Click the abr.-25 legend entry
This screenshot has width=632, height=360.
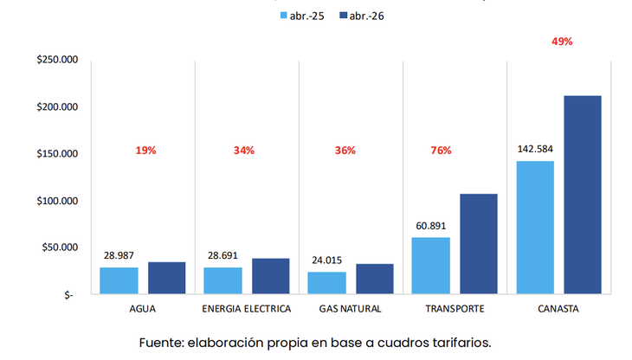tap(302, 16)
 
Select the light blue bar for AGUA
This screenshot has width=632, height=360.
tap(119, 280)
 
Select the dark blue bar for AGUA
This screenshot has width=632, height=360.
tap(166, 278)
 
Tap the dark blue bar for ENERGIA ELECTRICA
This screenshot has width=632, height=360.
tap(270, 276)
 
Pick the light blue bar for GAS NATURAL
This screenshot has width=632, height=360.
tap(326, 283)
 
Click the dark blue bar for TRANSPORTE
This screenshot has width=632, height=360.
tap(478, 244)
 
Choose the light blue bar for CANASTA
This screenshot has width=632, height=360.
tap(534, 228)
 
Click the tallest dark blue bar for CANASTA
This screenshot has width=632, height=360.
tap(582, 195)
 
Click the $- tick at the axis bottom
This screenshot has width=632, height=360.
tap(68, 295)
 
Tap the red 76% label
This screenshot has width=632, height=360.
tap(441, 151)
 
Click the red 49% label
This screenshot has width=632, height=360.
tap(562, 42)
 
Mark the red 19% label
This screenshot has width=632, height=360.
tap(145, 151)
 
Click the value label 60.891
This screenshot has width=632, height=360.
tap(430, 226)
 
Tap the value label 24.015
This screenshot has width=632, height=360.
tap(326, 260)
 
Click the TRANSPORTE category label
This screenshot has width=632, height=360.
tap(455, 309)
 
